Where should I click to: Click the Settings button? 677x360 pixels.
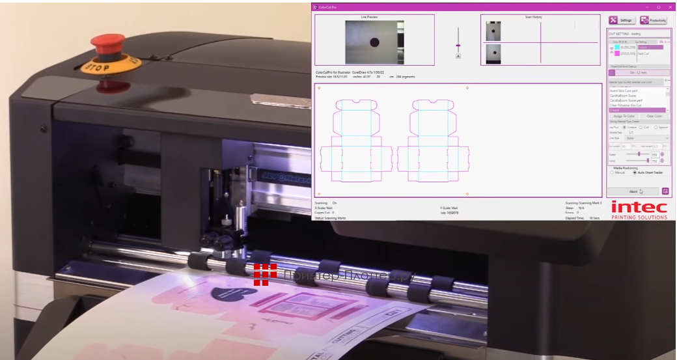point(622,20)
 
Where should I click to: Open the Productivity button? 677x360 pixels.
point(653,20)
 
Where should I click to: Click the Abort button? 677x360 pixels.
point(633,191)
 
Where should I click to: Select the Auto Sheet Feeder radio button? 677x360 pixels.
point(635,173)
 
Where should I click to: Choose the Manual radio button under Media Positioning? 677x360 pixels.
point(611,173)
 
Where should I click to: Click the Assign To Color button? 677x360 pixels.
point(623,116)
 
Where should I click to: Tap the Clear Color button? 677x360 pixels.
point(654,116)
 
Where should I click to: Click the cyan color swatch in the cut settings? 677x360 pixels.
point(617,47)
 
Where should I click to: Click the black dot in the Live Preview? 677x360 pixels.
point(374,43)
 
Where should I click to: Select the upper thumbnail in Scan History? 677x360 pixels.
point(493,31)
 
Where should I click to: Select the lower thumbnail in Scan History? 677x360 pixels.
point(493,53)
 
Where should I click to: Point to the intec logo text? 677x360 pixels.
point(639,207)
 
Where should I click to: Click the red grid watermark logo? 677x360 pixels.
point(265,275)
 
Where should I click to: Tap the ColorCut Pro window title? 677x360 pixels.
point(325,7)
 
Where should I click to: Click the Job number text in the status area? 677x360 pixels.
point(450,213)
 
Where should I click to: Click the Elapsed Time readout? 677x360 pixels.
point(582,218)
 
